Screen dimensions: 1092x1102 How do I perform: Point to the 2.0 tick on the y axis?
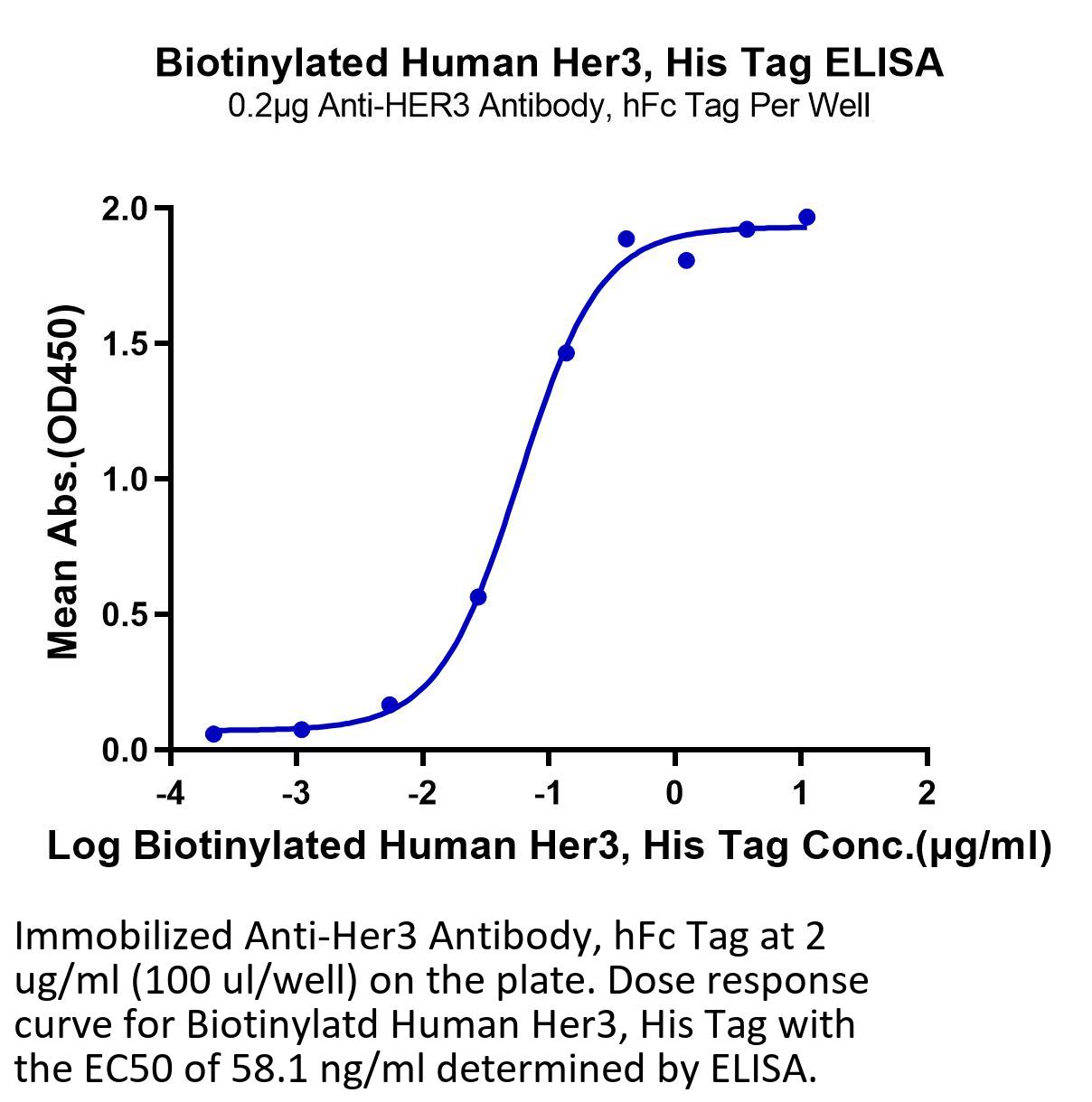tap(124, 209)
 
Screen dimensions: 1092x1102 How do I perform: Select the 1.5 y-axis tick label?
tap(124, 344)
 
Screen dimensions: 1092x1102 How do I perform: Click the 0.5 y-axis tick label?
tap(124, 615)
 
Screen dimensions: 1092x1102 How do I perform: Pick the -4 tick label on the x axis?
tap(171, 793)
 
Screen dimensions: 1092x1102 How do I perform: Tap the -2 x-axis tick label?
tap(422, 793)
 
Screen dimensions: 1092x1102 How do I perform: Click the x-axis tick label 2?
tap(927, 793)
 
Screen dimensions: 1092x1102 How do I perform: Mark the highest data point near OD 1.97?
tap(806, 218)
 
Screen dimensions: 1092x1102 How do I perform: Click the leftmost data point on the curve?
tap(213, 733)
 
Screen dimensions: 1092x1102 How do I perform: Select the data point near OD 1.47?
tap(566, 353)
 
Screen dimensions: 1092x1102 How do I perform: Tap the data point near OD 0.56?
tap(478, 598)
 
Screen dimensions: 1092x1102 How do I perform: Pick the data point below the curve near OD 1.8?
tap(686, 261)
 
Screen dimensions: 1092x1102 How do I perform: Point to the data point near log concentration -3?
tap(302, 729)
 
